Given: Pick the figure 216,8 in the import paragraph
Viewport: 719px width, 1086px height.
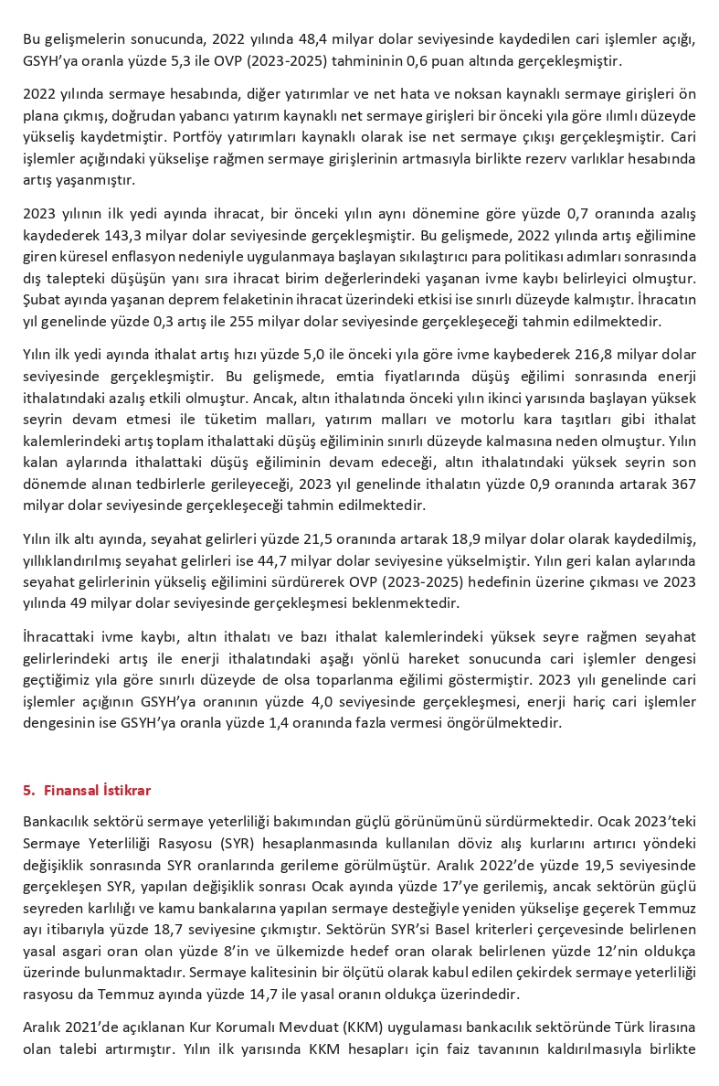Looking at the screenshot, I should [x=556, y=354].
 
